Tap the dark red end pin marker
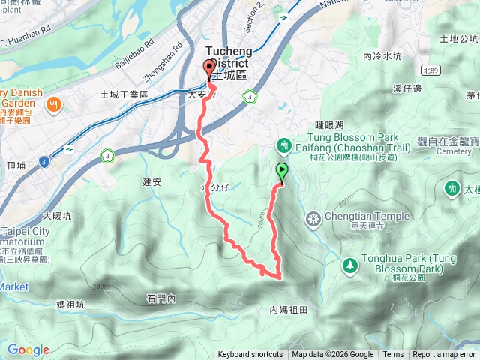point(209,70)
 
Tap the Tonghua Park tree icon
point(349,265)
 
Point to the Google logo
point(28,350)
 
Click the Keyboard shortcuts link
point(250,355)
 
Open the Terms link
point(393,355)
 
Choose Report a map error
point(445,355)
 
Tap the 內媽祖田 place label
point(289,309)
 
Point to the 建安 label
point(151,182)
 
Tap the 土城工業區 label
point(124,95)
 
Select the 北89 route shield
point(430,70)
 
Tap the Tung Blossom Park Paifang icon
point(283,145)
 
